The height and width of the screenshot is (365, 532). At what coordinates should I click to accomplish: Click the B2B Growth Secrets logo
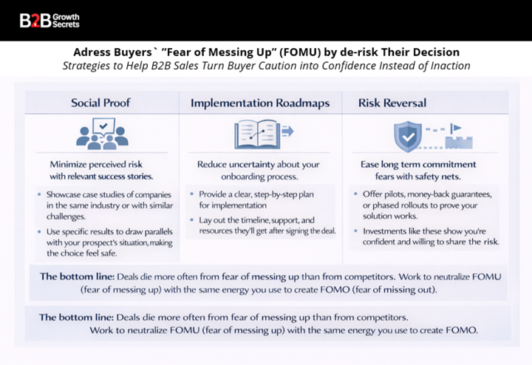click(x=50, y=20)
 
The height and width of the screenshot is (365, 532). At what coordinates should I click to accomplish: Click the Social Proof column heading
click(x=100, y=103)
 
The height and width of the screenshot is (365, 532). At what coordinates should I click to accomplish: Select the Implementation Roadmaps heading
click(x=260, y=103)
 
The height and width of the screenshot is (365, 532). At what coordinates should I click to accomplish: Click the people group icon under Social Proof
click(x=101, y=134)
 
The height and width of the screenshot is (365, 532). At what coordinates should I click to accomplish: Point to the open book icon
click(x=256, y=134)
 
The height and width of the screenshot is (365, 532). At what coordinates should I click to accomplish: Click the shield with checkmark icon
click(x=406, y=135)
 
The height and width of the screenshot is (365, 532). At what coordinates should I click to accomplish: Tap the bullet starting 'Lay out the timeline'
click(x=266, y=225)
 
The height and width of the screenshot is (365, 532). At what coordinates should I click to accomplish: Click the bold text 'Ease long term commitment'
click(x=418, y=164)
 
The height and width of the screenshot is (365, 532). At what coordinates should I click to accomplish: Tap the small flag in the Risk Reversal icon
click(x=456, y=127)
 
